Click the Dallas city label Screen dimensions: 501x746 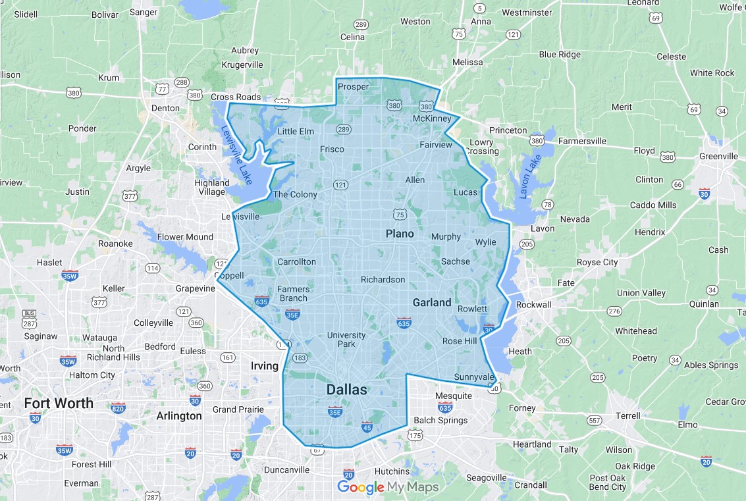(346, 390)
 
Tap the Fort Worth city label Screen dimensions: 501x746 (59, 403)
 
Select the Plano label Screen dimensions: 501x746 (400, 234)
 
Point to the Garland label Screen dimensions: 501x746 (432, 303)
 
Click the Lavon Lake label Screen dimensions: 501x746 (528, 176)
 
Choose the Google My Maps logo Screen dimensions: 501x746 (387, 487)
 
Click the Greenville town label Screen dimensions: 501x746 (718, 156)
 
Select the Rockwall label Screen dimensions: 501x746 (533, 305)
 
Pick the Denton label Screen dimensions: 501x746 (165, 108)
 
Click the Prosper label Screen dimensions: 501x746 (353, 86)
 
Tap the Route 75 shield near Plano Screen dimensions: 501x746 (400, 214)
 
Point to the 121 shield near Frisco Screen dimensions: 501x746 (340, 184)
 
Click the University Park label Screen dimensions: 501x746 (346, 340)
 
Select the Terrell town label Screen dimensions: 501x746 (627, 415)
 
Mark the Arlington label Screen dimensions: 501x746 (179, 416)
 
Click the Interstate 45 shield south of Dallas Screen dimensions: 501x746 (367, 426)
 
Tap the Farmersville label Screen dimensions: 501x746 (582, 141)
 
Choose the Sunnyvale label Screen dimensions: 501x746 (472, 377)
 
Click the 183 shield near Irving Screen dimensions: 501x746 (300, 358)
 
